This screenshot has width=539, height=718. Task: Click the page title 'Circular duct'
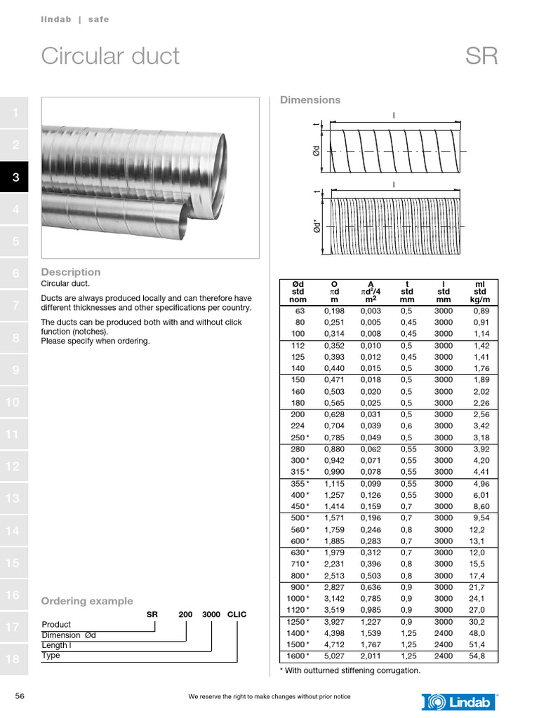(x=110, y=56)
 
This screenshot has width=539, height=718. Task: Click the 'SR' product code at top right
(x=481, y=56)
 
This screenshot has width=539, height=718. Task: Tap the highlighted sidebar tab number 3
(x=15, y=178)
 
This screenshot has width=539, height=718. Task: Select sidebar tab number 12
(x=13, y=466)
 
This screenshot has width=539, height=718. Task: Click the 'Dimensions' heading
(x=310, y=100)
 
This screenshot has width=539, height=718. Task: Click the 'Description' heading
(x=71, y=272)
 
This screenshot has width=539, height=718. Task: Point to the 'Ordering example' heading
(x=87, y=601)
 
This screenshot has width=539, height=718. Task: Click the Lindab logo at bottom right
(x=460, y=701)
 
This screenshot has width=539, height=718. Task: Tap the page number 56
(x=20, y=696)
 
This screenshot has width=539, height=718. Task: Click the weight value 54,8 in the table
(x=479, y=656)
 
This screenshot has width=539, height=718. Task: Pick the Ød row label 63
(x=300, y=311)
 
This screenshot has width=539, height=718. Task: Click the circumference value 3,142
(x=333, y=599)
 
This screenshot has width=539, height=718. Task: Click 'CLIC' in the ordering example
(x=237, y=614)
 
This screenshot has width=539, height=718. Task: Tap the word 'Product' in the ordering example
(x=56, y=624)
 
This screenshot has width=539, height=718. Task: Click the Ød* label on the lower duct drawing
(x=318, y=227)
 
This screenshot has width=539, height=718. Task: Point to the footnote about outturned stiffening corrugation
(x=350, y=671)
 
